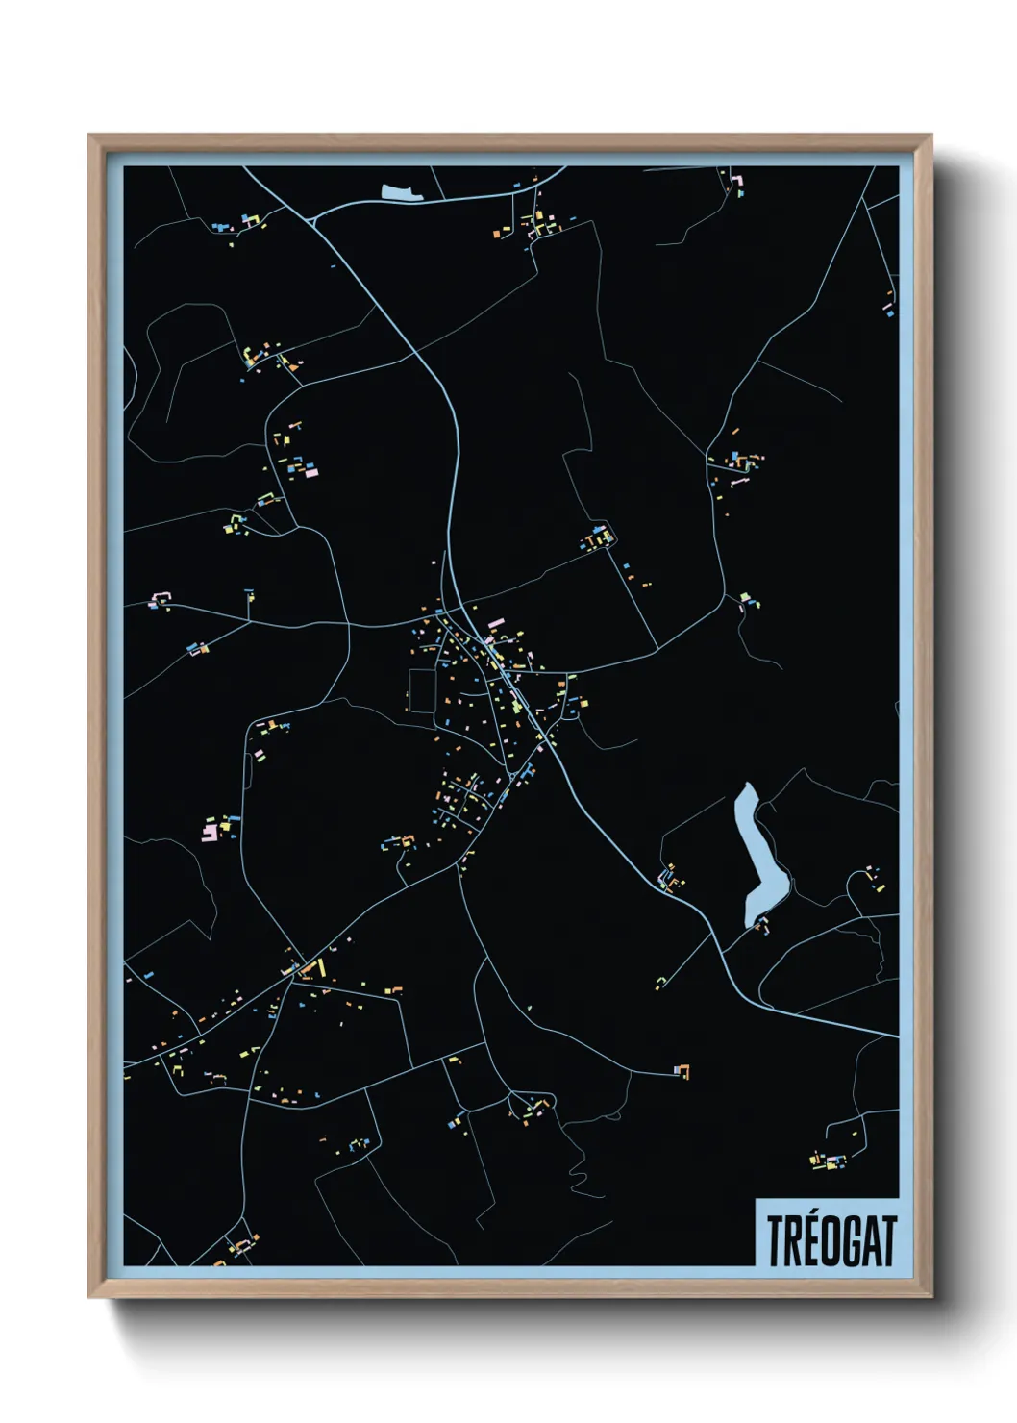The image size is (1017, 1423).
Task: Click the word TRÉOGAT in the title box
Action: pos(831,1241)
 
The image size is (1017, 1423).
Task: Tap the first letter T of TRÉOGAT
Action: pos(775,1241)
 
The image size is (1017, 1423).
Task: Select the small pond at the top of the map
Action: pos(401,192)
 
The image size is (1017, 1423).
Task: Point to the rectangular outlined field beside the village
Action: pos(422,690)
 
